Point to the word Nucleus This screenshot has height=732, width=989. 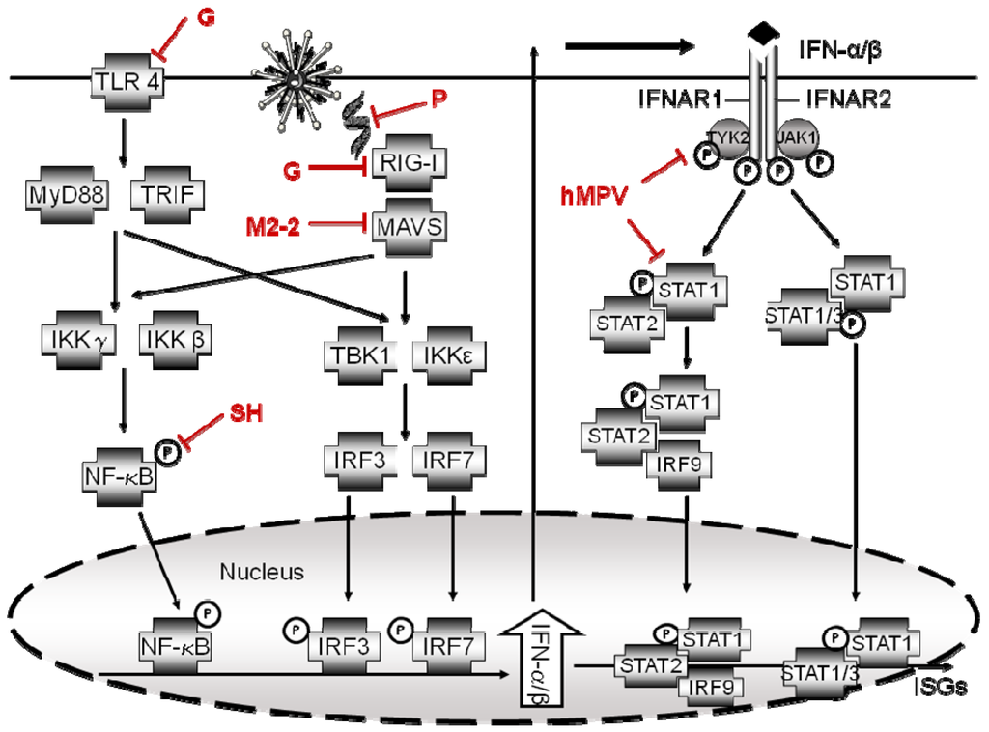point(262,573)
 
